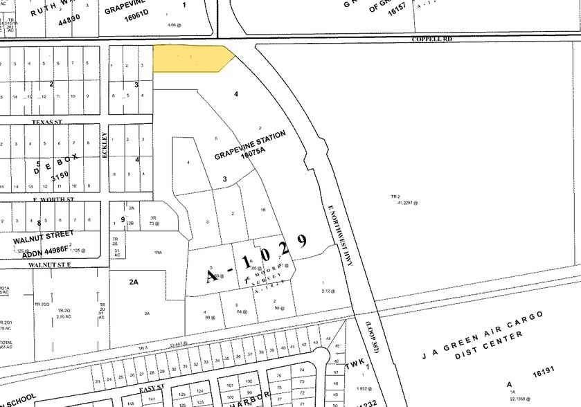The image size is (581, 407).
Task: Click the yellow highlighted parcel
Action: tap(190, 58)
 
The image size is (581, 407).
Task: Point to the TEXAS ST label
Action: tap(47, 122)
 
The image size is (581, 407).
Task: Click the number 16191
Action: tap(544, 372)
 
